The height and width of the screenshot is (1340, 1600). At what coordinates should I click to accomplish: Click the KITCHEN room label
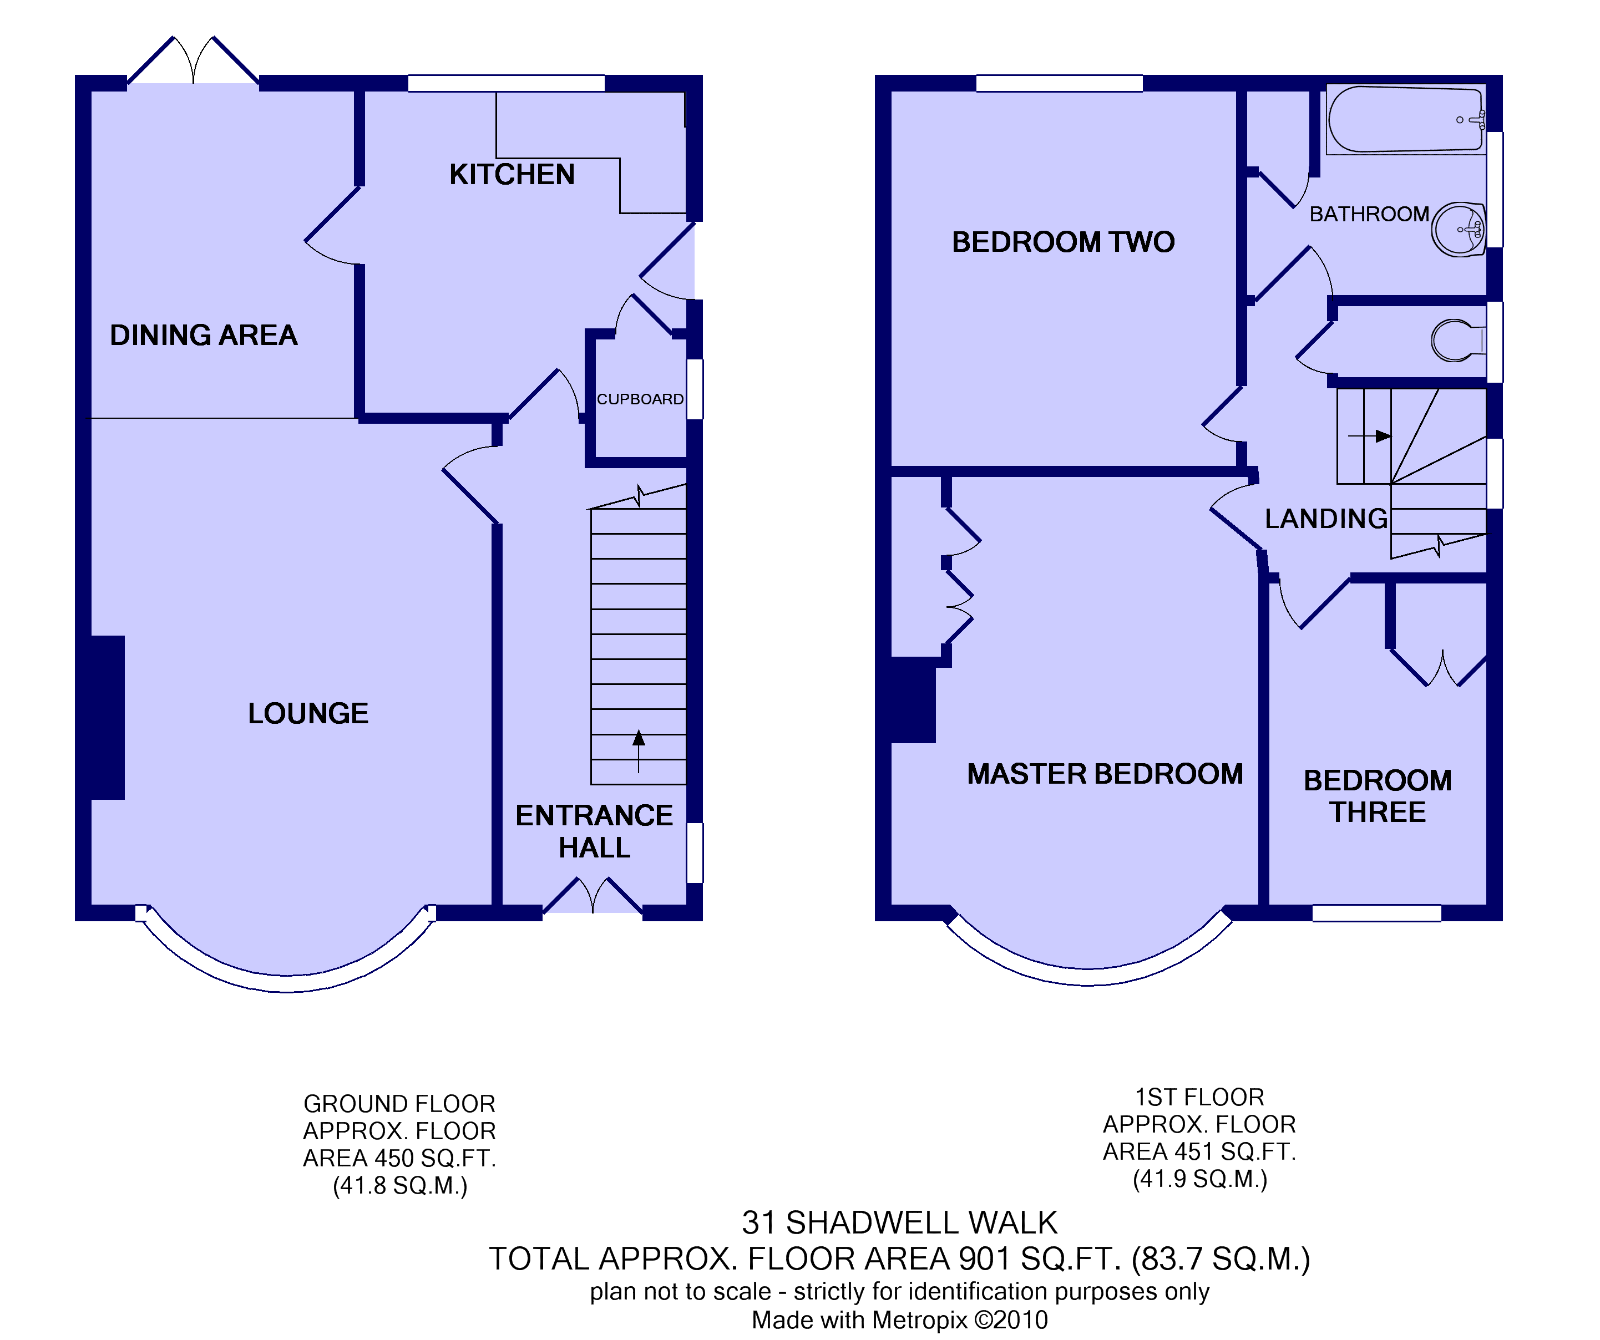click(512, 175)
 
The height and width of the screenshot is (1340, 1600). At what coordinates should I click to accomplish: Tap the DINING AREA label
click(204, 335)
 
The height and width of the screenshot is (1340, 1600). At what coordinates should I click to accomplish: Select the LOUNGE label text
click(308, 713)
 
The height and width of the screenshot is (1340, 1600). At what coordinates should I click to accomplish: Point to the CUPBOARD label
click(640, 399)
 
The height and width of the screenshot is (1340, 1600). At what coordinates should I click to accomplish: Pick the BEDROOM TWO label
click(1063, 242)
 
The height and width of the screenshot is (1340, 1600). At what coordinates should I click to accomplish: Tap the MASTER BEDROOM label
click(1105, 774)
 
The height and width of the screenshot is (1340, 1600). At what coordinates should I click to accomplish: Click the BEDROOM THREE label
click(1378, 796)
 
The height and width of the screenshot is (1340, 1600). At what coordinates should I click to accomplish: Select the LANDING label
click(1326, 519)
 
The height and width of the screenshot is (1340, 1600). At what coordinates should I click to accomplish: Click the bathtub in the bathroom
click(1406, 120)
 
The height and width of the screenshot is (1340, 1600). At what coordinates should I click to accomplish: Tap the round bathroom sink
click(1459, 229)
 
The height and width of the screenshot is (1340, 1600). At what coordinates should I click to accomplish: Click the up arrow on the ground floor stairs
click(639, 751)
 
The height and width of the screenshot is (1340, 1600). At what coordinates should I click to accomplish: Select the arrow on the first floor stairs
click(1370, 436)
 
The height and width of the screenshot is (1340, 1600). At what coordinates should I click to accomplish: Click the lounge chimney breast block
click(108, 718)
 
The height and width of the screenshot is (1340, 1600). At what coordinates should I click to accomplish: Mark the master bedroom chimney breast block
click(913, 700)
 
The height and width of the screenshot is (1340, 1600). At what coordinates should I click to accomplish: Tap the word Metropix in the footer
click(920, 1319)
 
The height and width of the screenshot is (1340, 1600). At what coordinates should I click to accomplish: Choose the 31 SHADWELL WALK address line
click(900, 1222)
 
